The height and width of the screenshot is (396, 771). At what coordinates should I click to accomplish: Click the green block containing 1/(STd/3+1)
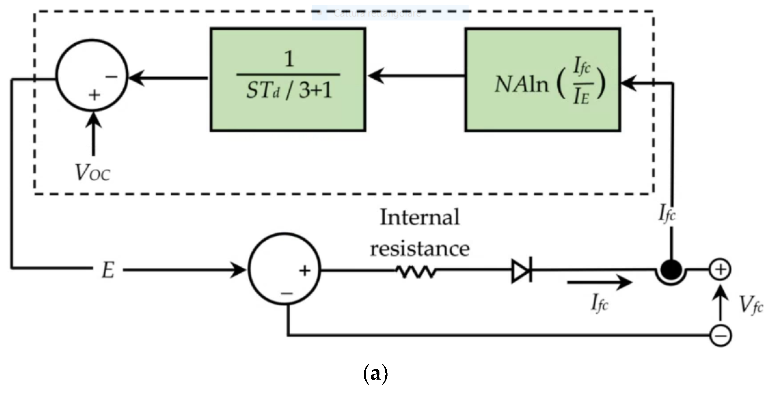point(288,80)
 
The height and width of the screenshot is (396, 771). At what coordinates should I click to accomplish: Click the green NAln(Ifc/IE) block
point(543,80)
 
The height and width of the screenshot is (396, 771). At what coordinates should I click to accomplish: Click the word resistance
point(420,249)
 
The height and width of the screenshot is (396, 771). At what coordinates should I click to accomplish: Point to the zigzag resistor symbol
point(416,271)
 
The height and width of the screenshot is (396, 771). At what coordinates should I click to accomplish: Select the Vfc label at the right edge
point(751,305)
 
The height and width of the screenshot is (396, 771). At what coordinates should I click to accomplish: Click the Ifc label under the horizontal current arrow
point(600,303)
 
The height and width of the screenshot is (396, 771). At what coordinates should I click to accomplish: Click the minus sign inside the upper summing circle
point(111,77)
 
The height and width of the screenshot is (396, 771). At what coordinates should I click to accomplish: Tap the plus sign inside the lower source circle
point(305,271)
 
